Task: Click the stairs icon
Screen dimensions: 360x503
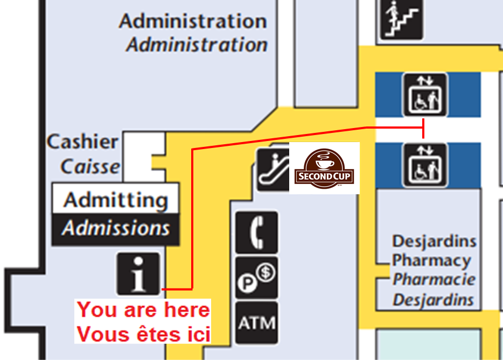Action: (401, 19)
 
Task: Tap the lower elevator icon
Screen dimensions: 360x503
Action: (424, 165)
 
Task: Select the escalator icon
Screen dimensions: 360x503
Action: (273, 169)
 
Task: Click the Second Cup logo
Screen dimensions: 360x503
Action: (324, 168)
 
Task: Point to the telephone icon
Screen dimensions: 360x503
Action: (257, 232)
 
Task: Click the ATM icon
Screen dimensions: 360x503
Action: (257, 323)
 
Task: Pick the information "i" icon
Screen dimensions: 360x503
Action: (138, 273)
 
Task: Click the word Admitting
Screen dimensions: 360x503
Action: (115, 200)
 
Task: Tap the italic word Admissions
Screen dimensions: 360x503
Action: (115, 228)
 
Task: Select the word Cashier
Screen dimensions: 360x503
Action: (82, 142)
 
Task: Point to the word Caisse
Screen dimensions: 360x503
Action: (90, 166)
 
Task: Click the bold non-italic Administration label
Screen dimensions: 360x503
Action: (193, 21)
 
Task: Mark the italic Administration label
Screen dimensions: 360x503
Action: (197, 45)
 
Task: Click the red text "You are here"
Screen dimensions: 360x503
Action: (143, 310)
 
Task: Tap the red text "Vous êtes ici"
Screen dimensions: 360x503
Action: (143, 334)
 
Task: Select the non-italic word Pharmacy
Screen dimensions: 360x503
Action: (431, 260)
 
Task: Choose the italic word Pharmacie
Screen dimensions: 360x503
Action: (434, 280)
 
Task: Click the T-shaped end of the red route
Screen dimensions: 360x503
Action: (424, 128)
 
